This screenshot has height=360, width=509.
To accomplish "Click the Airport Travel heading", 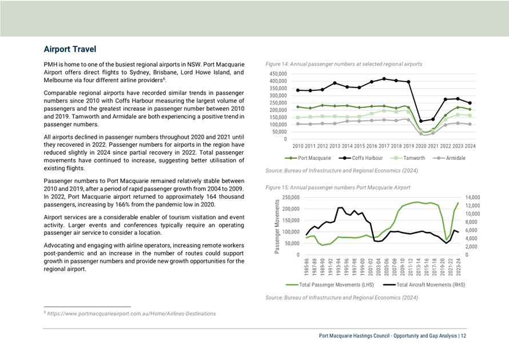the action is tap(70, 49).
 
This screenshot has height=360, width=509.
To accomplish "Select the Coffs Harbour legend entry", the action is tap(360, 158).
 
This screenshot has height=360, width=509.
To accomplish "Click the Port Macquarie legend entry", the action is tap(308, 158).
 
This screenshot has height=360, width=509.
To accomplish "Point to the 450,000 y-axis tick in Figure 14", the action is tap(278, 74).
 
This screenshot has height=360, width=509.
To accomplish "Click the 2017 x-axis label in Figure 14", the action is tap(384, 146).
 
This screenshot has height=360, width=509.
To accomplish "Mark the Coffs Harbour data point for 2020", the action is tap(421, 121).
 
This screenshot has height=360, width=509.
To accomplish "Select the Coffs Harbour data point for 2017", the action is tap(384, 79).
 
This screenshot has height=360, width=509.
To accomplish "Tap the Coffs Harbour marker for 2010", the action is tap(298, 90).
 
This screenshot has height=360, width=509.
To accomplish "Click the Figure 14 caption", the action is tap(344, 64).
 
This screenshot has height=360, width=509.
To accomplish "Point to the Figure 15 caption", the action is tap(337, 187).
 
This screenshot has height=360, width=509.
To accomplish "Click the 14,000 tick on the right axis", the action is tap(472, 198).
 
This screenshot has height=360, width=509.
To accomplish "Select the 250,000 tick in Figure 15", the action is tap(291, 198).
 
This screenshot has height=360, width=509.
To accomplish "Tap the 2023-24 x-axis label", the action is tap(458, 267).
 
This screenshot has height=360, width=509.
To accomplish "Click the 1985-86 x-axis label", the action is tap(307, 267).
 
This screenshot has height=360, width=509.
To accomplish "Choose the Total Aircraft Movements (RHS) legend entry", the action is tap(424, 285).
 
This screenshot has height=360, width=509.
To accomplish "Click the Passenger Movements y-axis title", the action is tap(277, 226).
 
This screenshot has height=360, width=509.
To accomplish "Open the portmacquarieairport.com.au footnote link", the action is tap(132, 314).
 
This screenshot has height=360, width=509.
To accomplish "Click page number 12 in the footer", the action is tap(463, 335).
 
